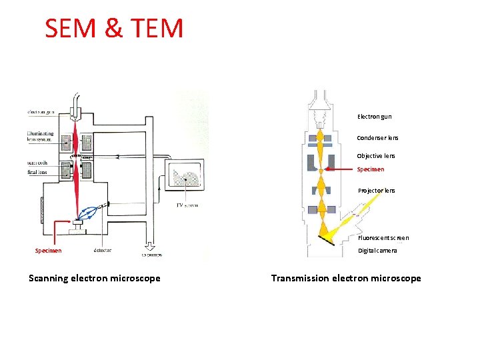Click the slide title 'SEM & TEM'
(113, 28)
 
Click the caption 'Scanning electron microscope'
(95, 278)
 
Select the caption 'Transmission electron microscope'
(346, 278)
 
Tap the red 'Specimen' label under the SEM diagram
(48, 251)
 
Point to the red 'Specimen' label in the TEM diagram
(371, 169)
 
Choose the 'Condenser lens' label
(377, 138)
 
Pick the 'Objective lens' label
(376, 156)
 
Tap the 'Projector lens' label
(376, 191)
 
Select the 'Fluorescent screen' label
(383, 238)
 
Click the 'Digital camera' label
(377, 251)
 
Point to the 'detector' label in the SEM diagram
(103, 251)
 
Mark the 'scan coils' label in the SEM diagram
(37, 162)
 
